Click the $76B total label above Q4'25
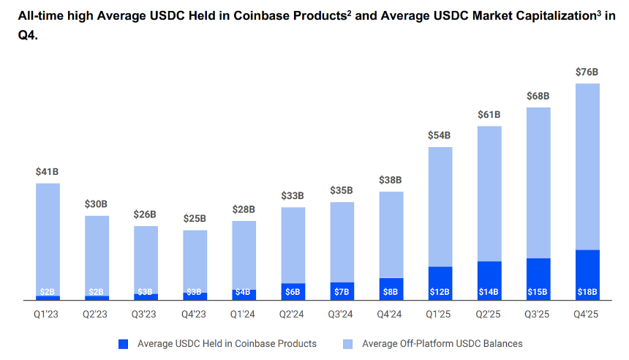(x=587, y=72)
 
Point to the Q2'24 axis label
(x=293, y=315)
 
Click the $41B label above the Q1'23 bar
(x=47, y=172)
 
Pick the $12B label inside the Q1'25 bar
(x=440, y=292)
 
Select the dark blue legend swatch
(x=123, y=343)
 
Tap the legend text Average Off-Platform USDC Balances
(x=442, y=343)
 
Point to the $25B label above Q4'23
(x=195, y=218)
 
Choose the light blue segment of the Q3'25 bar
(x=538, y=183)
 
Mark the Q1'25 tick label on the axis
(x=440, y=315)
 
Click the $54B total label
(x=440, y=135)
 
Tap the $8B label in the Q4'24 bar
(x=391, y=292)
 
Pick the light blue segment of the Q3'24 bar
(x=342, y=241)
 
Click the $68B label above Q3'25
(x=538, y=96)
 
